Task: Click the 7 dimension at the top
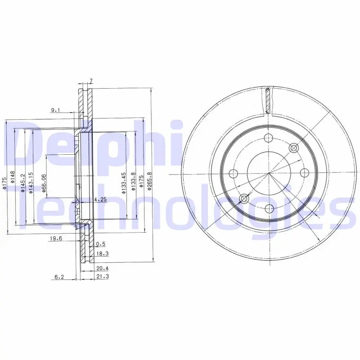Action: click(91, 81)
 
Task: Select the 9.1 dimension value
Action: click(55, 110)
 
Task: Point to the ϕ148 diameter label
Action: click(13, 177)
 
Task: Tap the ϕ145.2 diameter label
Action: click(22, 183)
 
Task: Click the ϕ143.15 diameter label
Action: click(31, 183)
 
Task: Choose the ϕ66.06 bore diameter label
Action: click(44, 183)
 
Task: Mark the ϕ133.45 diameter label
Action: click(124, 183)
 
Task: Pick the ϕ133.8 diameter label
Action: click(133, 182)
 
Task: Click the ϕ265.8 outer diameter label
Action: click(149, 181)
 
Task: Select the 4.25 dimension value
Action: click(100, 199)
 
